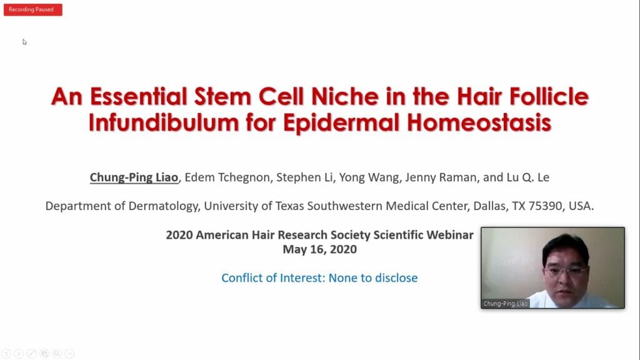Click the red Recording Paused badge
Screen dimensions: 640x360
33,10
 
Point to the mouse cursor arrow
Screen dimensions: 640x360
24,42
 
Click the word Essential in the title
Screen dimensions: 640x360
139,97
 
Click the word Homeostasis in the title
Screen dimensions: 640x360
479,122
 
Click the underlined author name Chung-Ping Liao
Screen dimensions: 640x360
134,177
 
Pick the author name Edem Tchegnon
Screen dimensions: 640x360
227,177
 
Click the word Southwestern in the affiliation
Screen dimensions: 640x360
345,206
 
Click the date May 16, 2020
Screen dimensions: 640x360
319,249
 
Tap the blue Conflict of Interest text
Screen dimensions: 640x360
319,278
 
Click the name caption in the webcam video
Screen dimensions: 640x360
505,304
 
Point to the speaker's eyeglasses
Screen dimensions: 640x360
566,270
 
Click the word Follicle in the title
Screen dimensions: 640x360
549,97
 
